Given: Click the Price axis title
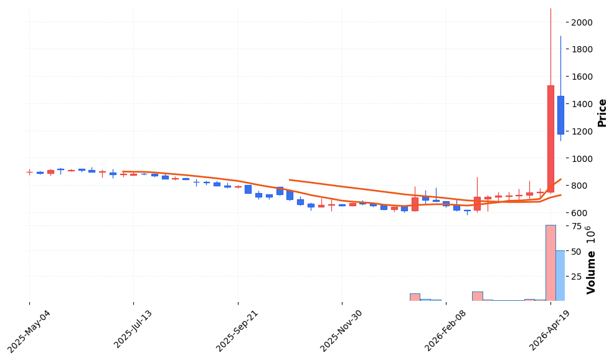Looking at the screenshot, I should click(602, 113).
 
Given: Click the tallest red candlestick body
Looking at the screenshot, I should click(550, 138).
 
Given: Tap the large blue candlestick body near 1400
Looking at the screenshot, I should click(560, 115).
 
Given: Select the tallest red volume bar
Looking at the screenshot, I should click(550, 263).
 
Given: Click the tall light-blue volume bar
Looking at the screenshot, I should click(560, 275).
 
